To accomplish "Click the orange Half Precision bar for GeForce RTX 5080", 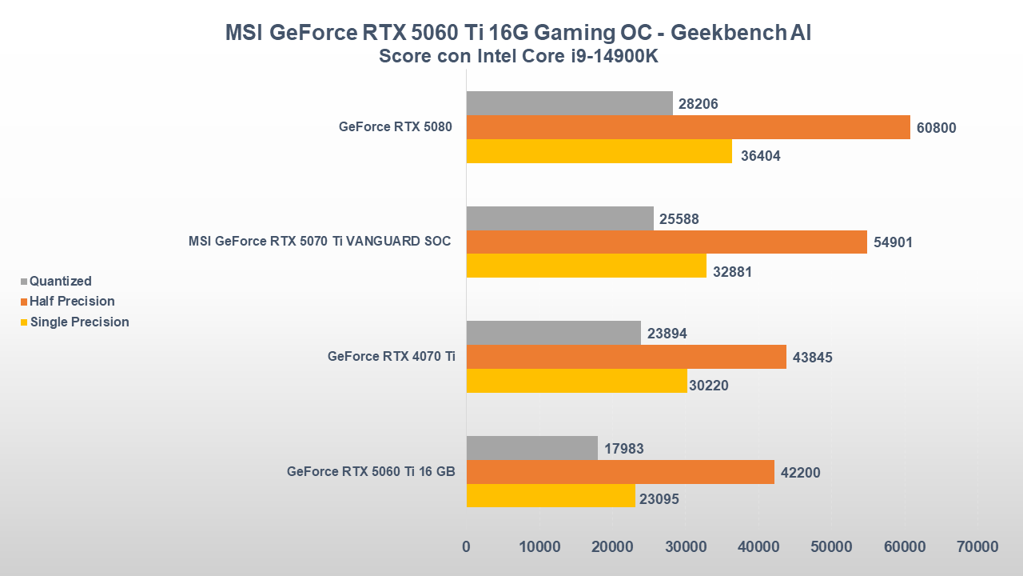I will (687, 127).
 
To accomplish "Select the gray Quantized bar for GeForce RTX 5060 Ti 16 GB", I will (531, 448).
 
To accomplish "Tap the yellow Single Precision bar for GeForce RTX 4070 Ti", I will (576, 381).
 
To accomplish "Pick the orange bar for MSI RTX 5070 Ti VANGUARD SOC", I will (666, 242).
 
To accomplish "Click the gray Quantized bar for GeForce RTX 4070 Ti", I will (553, 333).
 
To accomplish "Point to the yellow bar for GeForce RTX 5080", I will (599, 151).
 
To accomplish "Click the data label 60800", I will (936, 128).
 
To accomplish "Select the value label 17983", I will (623, 449).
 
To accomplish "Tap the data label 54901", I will (893, 242).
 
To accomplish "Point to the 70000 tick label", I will (977, 547).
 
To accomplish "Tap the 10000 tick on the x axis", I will (539, 547).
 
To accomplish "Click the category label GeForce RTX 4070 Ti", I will (392, 357).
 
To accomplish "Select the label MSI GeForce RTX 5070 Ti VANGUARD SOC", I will (320, 242).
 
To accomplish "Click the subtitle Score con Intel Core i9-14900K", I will (519, 57).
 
